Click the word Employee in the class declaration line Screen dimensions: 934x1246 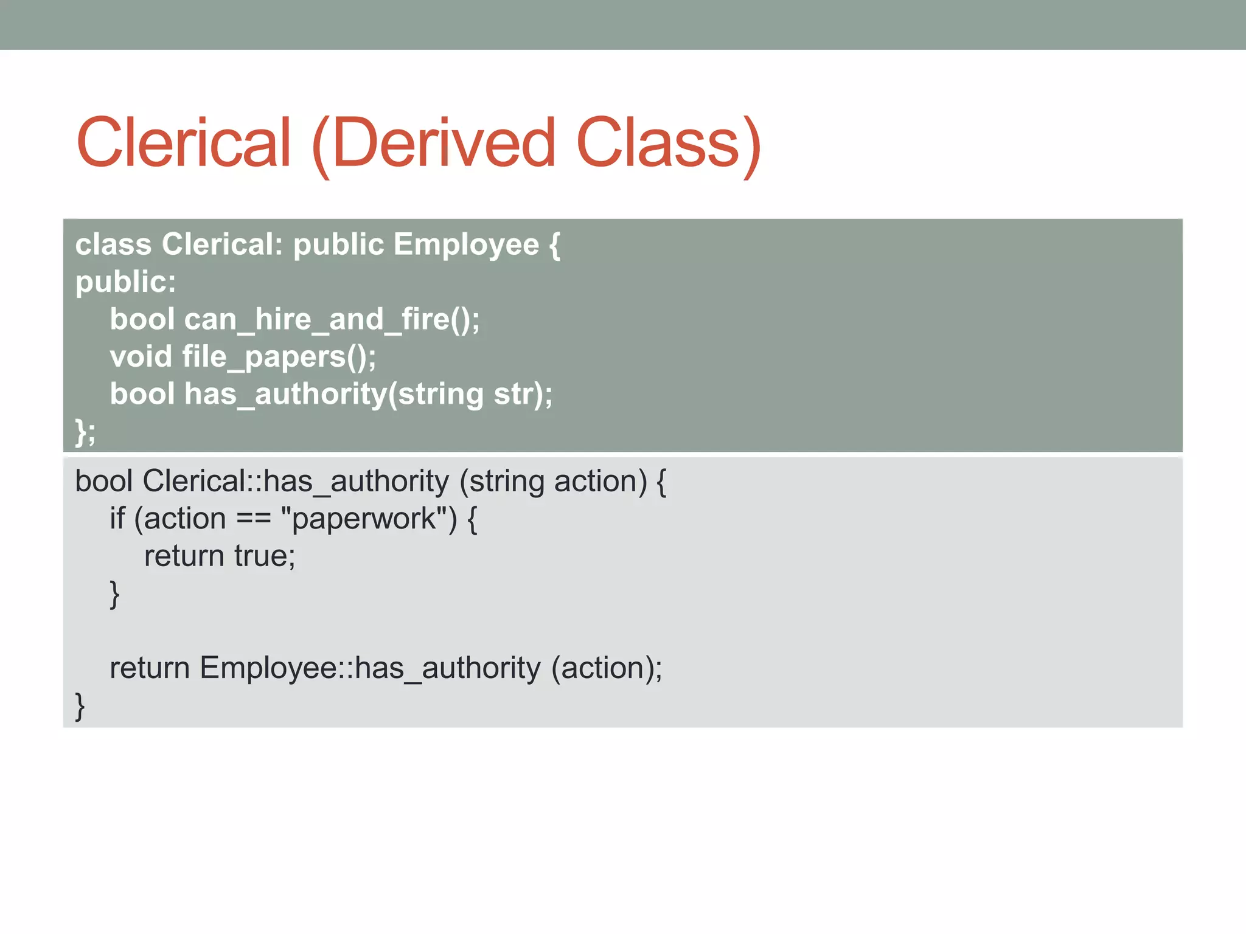point(466,244)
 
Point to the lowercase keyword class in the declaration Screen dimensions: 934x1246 point(113,244)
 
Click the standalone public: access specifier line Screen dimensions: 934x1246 point(125,282)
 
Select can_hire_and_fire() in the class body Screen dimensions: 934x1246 point(332,319)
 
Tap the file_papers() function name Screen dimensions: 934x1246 point(279,357)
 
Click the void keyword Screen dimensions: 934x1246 point(141,357)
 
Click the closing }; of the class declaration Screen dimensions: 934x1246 point(85,432)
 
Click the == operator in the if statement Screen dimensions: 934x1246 point(253,519)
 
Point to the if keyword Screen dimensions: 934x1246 point(117,519)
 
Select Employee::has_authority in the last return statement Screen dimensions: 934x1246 point(370,668)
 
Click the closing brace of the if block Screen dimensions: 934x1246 point(114,594)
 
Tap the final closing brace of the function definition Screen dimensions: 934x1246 point(80,706)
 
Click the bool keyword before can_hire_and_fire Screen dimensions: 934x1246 point(142,319)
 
